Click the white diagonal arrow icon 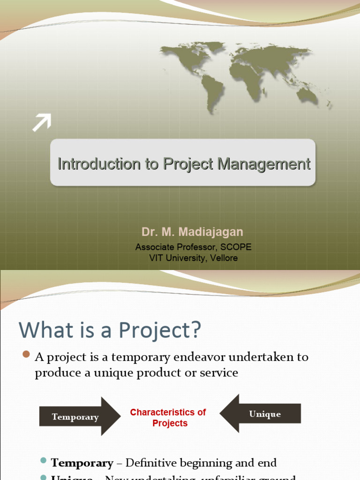(42, 123)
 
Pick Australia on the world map (307, 96)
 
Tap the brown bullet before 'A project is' (26, 354)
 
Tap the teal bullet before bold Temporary (44, 461)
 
